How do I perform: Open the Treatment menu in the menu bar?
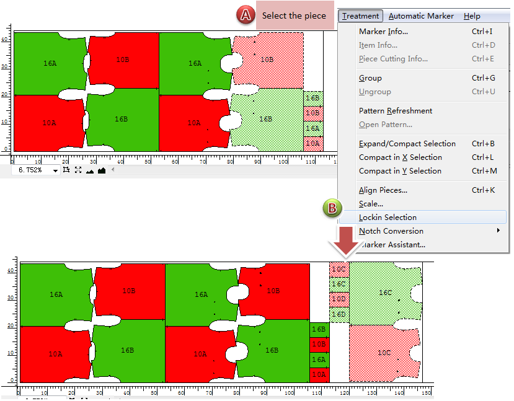pos(361,16)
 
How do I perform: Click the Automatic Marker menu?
pos(421,16)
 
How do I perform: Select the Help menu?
pos(472,16)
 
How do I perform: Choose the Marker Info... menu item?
pos(383,32)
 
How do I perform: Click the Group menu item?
pos(370,78)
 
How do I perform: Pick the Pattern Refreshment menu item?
pos(396,111)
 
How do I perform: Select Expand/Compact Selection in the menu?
pos(407,144)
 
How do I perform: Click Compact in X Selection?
pos(400,157)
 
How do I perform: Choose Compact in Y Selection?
pos(400,171)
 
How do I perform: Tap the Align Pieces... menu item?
pos(383,190)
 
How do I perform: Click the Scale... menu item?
pos(371,204)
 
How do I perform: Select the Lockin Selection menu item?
pos(388,218)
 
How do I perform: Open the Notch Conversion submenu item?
pos(391,231)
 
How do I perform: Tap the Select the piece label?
pos(293,16)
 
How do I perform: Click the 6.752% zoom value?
pos(32,170)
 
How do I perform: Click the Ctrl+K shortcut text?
pos(483,190)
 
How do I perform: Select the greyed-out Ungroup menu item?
pos(374,92)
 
